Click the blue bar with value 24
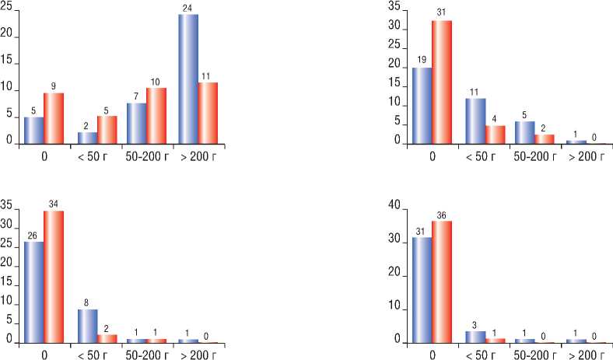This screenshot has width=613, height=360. [187, 79]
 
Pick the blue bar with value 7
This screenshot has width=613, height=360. [135, 124]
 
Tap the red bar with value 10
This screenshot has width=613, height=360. [156, 116]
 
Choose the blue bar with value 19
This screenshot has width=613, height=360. [422, 106]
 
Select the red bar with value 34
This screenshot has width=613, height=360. [53, 277]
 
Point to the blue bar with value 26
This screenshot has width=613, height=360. [33, 292]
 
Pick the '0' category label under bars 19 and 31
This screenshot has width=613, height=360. [432, 154]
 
